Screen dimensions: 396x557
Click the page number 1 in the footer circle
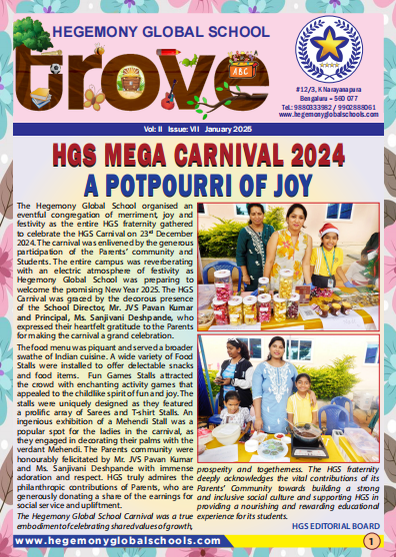(x=370, y=541)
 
